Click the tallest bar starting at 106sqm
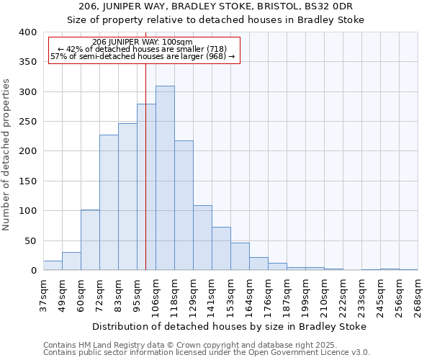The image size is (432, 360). pos(165,178)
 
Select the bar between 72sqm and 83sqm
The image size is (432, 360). pos(109,202)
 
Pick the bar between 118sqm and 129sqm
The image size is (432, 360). pos(184,205)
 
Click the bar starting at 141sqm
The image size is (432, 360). pos(221,248)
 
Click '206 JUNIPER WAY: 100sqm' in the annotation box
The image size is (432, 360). pos(143,42)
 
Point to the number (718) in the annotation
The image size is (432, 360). pos(217,49)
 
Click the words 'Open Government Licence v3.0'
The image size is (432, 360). pos(310,352)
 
